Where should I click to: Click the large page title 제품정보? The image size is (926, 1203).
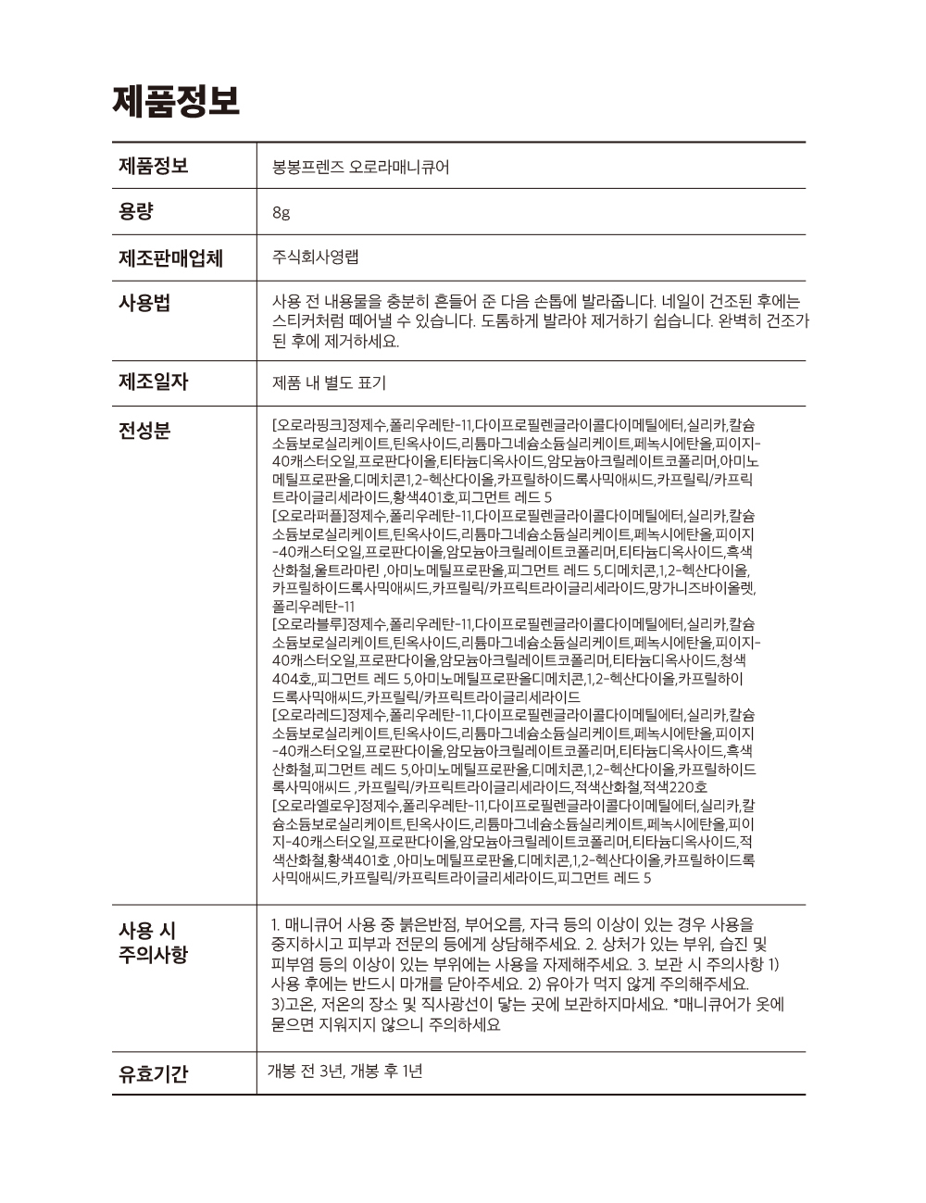(176, 100)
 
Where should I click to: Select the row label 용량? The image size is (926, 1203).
(136, 211)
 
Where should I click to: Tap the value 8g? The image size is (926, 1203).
(281, 213)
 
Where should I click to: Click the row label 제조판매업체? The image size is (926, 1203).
(170, 257)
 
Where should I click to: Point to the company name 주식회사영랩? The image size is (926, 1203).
(315, 257)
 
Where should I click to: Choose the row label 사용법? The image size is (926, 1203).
(144, 303)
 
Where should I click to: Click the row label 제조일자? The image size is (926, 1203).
(153, 381)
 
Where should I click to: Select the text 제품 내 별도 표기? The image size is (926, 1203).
(329, 382)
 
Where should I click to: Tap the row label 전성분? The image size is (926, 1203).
(144, 430)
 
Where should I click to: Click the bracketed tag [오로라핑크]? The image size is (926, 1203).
(308, 425)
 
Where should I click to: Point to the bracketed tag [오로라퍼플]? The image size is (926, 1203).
(308, 515)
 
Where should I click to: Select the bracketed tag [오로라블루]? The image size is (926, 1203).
(308, 624)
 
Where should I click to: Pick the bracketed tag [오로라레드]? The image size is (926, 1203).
(308, 715)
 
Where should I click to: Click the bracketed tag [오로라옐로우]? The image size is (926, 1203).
(316, 805)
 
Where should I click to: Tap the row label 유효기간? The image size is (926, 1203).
(153, 1074)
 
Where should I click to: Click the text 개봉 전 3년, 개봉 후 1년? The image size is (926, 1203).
(344, 1071)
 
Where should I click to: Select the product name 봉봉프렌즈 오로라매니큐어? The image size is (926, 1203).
(361, 168)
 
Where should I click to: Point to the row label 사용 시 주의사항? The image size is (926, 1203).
(153, 942)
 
